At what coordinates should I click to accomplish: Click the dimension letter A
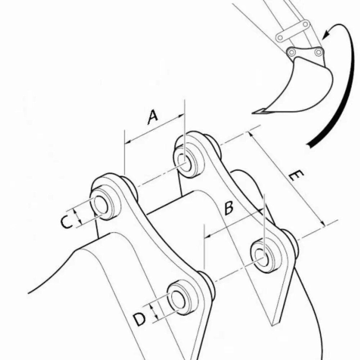[153, 117]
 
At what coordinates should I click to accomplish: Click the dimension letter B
[228, 208]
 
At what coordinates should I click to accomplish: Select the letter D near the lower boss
[139, 319]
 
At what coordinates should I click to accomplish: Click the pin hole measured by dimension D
[178, 299]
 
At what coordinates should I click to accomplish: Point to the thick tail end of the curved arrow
[310, 144]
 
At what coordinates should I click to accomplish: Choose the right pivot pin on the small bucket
[318, 52]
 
